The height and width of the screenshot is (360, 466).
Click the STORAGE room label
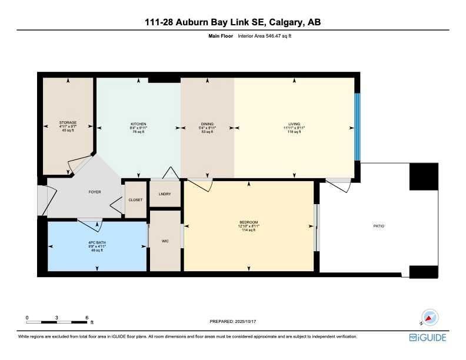click(x=68, y=122)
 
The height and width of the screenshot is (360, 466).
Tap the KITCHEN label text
click(x=138, y=124)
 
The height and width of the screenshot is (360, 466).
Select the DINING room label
click(x=208, y=124)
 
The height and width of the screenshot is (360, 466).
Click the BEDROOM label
click(x=249, y=222)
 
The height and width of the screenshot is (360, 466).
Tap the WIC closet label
click(x=165, y=241)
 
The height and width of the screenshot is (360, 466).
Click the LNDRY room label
click(x=165, y=195)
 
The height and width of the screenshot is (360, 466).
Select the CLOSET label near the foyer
click(x=135, y=200)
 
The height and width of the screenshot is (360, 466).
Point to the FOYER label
click(x=95, y=192)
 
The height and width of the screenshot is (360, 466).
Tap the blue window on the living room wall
click(x=357, y=126)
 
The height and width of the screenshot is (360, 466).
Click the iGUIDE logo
click(x=428, y=337)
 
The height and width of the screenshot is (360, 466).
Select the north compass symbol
click(x=429, y=318)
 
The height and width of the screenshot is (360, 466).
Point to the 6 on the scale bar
click(x=86, y=317)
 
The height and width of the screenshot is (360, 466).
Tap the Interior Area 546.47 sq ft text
click(x=265, y=36)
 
